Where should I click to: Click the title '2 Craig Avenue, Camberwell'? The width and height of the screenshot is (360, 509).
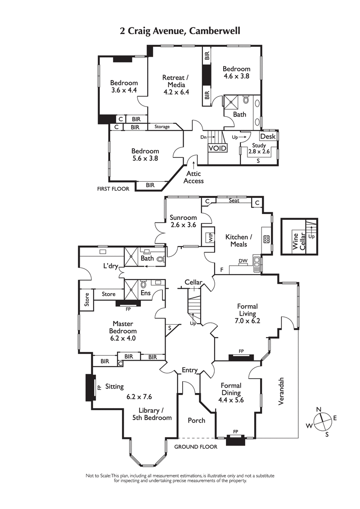point(180,31)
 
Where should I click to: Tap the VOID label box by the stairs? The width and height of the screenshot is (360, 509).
point(217,148)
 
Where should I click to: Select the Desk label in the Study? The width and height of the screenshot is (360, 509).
point(268,136)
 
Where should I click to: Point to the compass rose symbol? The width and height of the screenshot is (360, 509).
point(322,421)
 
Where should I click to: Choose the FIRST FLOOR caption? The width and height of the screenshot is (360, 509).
point(113,189)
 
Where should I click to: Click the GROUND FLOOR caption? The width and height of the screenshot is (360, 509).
point(196,446)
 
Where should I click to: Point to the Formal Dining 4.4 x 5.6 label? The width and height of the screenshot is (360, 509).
point(231,393)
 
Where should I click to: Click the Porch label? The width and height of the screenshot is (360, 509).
point(196,420)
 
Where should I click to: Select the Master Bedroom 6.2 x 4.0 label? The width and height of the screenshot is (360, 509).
point(124,331)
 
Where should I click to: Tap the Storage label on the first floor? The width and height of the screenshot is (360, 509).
point(162,127)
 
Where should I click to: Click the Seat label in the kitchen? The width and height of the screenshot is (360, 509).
point(234,201)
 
